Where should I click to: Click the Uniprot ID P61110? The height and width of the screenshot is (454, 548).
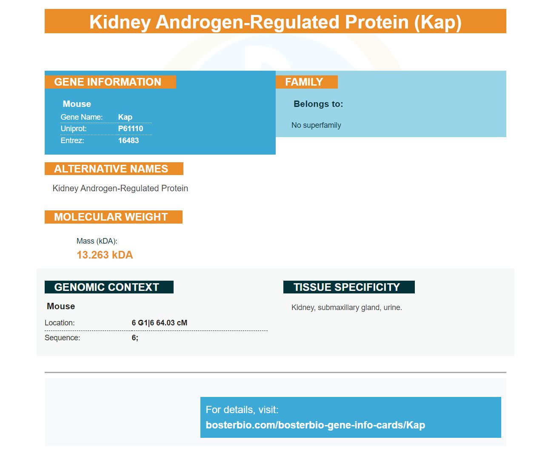click(x=131, y=129)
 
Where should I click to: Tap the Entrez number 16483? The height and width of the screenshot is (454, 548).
click(x=128, y=140)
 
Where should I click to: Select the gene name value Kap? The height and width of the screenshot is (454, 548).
click(x=125, y=117)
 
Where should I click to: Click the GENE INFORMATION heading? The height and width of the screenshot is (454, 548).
click(x=108, y=82)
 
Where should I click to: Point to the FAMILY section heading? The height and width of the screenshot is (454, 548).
click(x=304, y=82)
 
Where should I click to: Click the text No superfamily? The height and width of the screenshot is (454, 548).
click(x=316, y=125)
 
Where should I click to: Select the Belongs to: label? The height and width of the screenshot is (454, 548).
click(x=318, y=104)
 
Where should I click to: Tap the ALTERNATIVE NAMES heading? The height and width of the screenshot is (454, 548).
click(x=111, y=169)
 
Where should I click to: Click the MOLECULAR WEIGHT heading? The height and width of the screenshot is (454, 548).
click(x=111, y=217)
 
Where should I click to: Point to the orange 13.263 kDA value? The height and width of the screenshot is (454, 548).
click(x=105, y=255)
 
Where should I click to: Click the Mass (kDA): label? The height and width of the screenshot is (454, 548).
click(x=97, y=241)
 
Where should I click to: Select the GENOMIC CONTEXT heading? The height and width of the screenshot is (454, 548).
click(x=106, y=287)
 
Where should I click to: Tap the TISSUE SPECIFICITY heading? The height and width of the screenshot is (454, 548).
click(x=347, y=287)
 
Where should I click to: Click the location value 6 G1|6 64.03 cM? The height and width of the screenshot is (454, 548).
click(x=159, y=323)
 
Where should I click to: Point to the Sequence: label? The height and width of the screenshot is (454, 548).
click(x=62, y=338)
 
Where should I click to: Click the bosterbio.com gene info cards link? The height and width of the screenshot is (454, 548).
click(x=315, y=425)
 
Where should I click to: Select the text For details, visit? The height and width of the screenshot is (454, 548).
click(x=242, y=410)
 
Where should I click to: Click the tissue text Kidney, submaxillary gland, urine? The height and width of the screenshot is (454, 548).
click(x=346, y=307)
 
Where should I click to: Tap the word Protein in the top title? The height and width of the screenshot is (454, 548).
click(x=377, y=22)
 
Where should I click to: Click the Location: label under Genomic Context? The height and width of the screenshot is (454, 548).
click(x=60, y=323)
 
